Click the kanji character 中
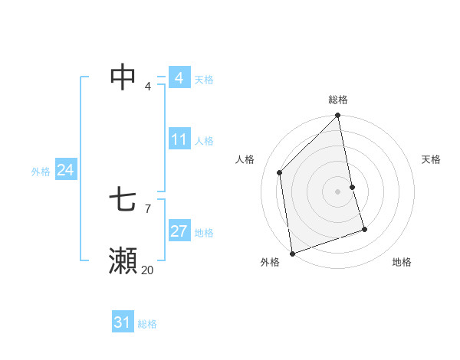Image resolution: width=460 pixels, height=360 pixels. [x=123, y=77]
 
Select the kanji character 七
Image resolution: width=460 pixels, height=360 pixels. [x=123, y=201]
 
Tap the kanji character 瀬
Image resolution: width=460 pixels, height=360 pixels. [x=123, y=261]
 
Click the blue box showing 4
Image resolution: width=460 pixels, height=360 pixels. [x=179, y=78]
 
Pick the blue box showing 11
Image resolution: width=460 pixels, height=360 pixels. [x=179, y=140]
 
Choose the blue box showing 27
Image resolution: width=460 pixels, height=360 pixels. [x=179, y=231]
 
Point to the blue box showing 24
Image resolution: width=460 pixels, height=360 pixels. [x=65, y=170]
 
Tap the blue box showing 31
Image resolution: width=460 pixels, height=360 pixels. [x=123, y=322]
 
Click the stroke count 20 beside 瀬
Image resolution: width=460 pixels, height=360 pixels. [x=147, y=270]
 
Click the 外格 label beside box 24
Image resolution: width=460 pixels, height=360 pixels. [x=41, y=172]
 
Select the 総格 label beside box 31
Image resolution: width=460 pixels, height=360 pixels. [x=147, y=324]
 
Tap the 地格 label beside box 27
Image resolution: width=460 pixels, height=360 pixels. [x=204, y=233]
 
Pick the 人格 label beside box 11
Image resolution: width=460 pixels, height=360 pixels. [x=204, y=141]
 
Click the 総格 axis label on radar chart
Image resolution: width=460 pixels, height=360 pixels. [x=338, y=100]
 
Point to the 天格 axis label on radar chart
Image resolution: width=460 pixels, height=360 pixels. [x=431, y=159]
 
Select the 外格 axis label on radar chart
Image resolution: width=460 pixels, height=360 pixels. [x=269, y=262]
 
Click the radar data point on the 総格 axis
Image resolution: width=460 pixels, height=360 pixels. [x=338, y=116]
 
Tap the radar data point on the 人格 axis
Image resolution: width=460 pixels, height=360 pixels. [x=280, y=172]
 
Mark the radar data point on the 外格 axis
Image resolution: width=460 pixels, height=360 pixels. [x=292, y=253]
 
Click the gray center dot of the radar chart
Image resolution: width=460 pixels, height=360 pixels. [x=338, y=191]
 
